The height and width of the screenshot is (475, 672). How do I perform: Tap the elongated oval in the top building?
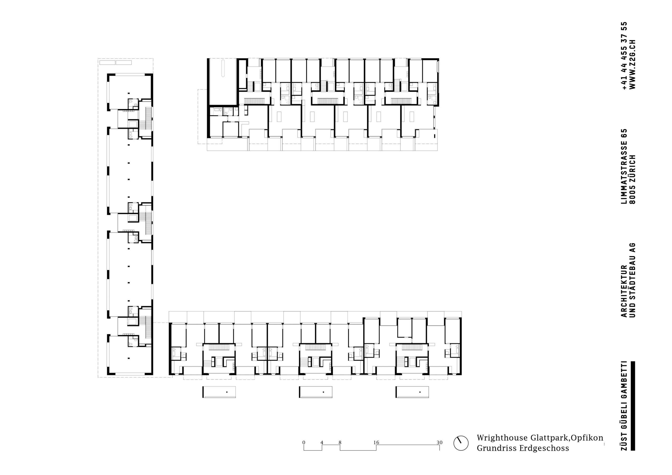(x=223, y=68)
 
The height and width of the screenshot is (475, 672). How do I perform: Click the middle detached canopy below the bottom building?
(x=316, y=392)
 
